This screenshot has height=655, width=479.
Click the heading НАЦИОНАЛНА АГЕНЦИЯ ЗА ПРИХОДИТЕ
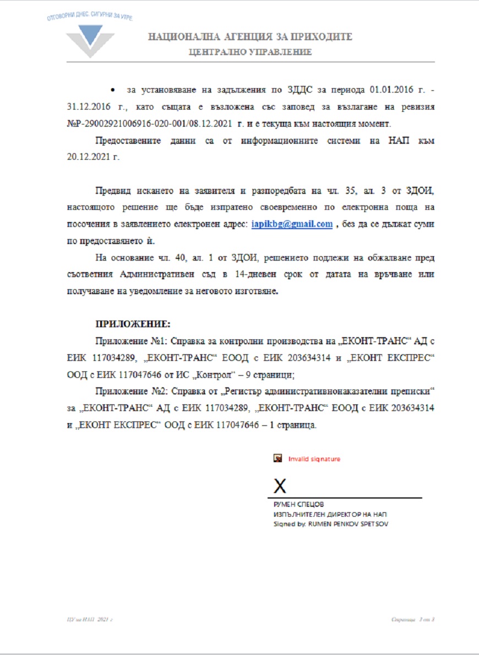pos(250,37)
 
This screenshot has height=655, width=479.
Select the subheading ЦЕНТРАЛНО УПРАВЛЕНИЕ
pos(250,52)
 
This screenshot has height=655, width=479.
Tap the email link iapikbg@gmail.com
pos(292,224)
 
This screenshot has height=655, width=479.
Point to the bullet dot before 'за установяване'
pos(112,89)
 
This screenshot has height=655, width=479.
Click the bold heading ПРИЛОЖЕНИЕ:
pos(133,323)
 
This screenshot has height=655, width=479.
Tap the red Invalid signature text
pos(314,459)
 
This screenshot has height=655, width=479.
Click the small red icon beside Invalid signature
pos(278,458)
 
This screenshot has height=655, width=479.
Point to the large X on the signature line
pos(280,486)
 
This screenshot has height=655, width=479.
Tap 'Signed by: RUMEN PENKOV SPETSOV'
pos(330,524)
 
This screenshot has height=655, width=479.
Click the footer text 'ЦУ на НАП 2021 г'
pos(86,620)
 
